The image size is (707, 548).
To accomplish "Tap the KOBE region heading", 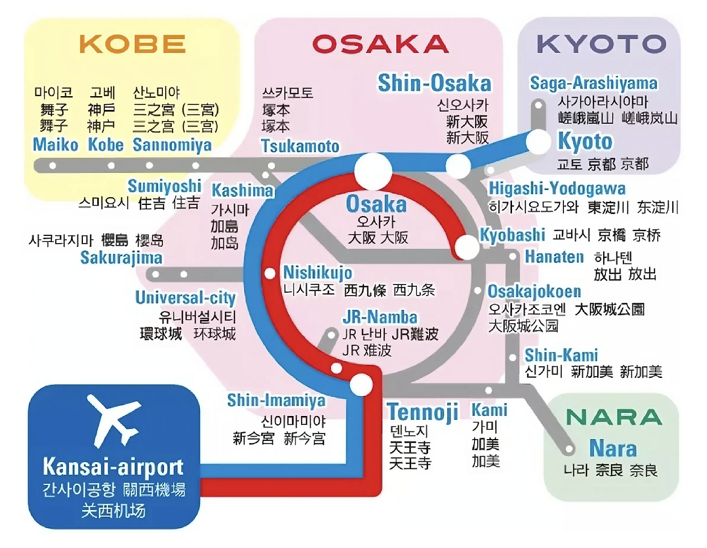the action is tap(133, 44).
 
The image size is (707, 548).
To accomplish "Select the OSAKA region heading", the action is tap(381, 44).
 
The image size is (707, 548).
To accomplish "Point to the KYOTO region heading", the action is tap(602, 44).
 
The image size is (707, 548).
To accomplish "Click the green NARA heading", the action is tap(614, 417).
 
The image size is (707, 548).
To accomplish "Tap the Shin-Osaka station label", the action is tap(434, 83).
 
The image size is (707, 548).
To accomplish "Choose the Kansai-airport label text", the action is tap(113, 467).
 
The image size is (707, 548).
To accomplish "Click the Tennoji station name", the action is tap(423, 412).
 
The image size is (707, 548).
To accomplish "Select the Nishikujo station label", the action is tap(318, 272).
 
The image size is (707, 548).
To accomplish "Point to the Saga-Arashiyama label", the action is tap(594, 83).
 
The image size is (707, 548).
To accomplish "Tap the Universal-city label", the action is tap(186, 298).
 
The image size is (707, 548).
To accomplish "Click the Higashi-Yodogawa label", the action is tap(557, 188).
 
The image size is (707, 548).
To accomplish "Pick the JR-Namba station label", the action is tap(380, 317).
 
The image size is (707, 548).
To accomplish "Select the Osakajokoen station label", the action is tap(534, 291).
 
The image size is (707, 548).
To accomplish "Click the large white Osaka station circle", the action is tap(373, 171).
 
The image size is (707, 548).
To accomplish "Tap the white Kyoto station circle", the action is tap(538, 142).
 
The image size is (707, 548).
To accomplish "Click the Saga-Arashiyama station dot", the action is tap(538, 105).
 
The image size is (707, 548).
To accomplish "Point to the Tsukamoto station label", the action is tap(300, 146).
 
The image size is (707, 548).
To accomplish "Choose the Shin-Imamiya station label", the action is tap(276, 400).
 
